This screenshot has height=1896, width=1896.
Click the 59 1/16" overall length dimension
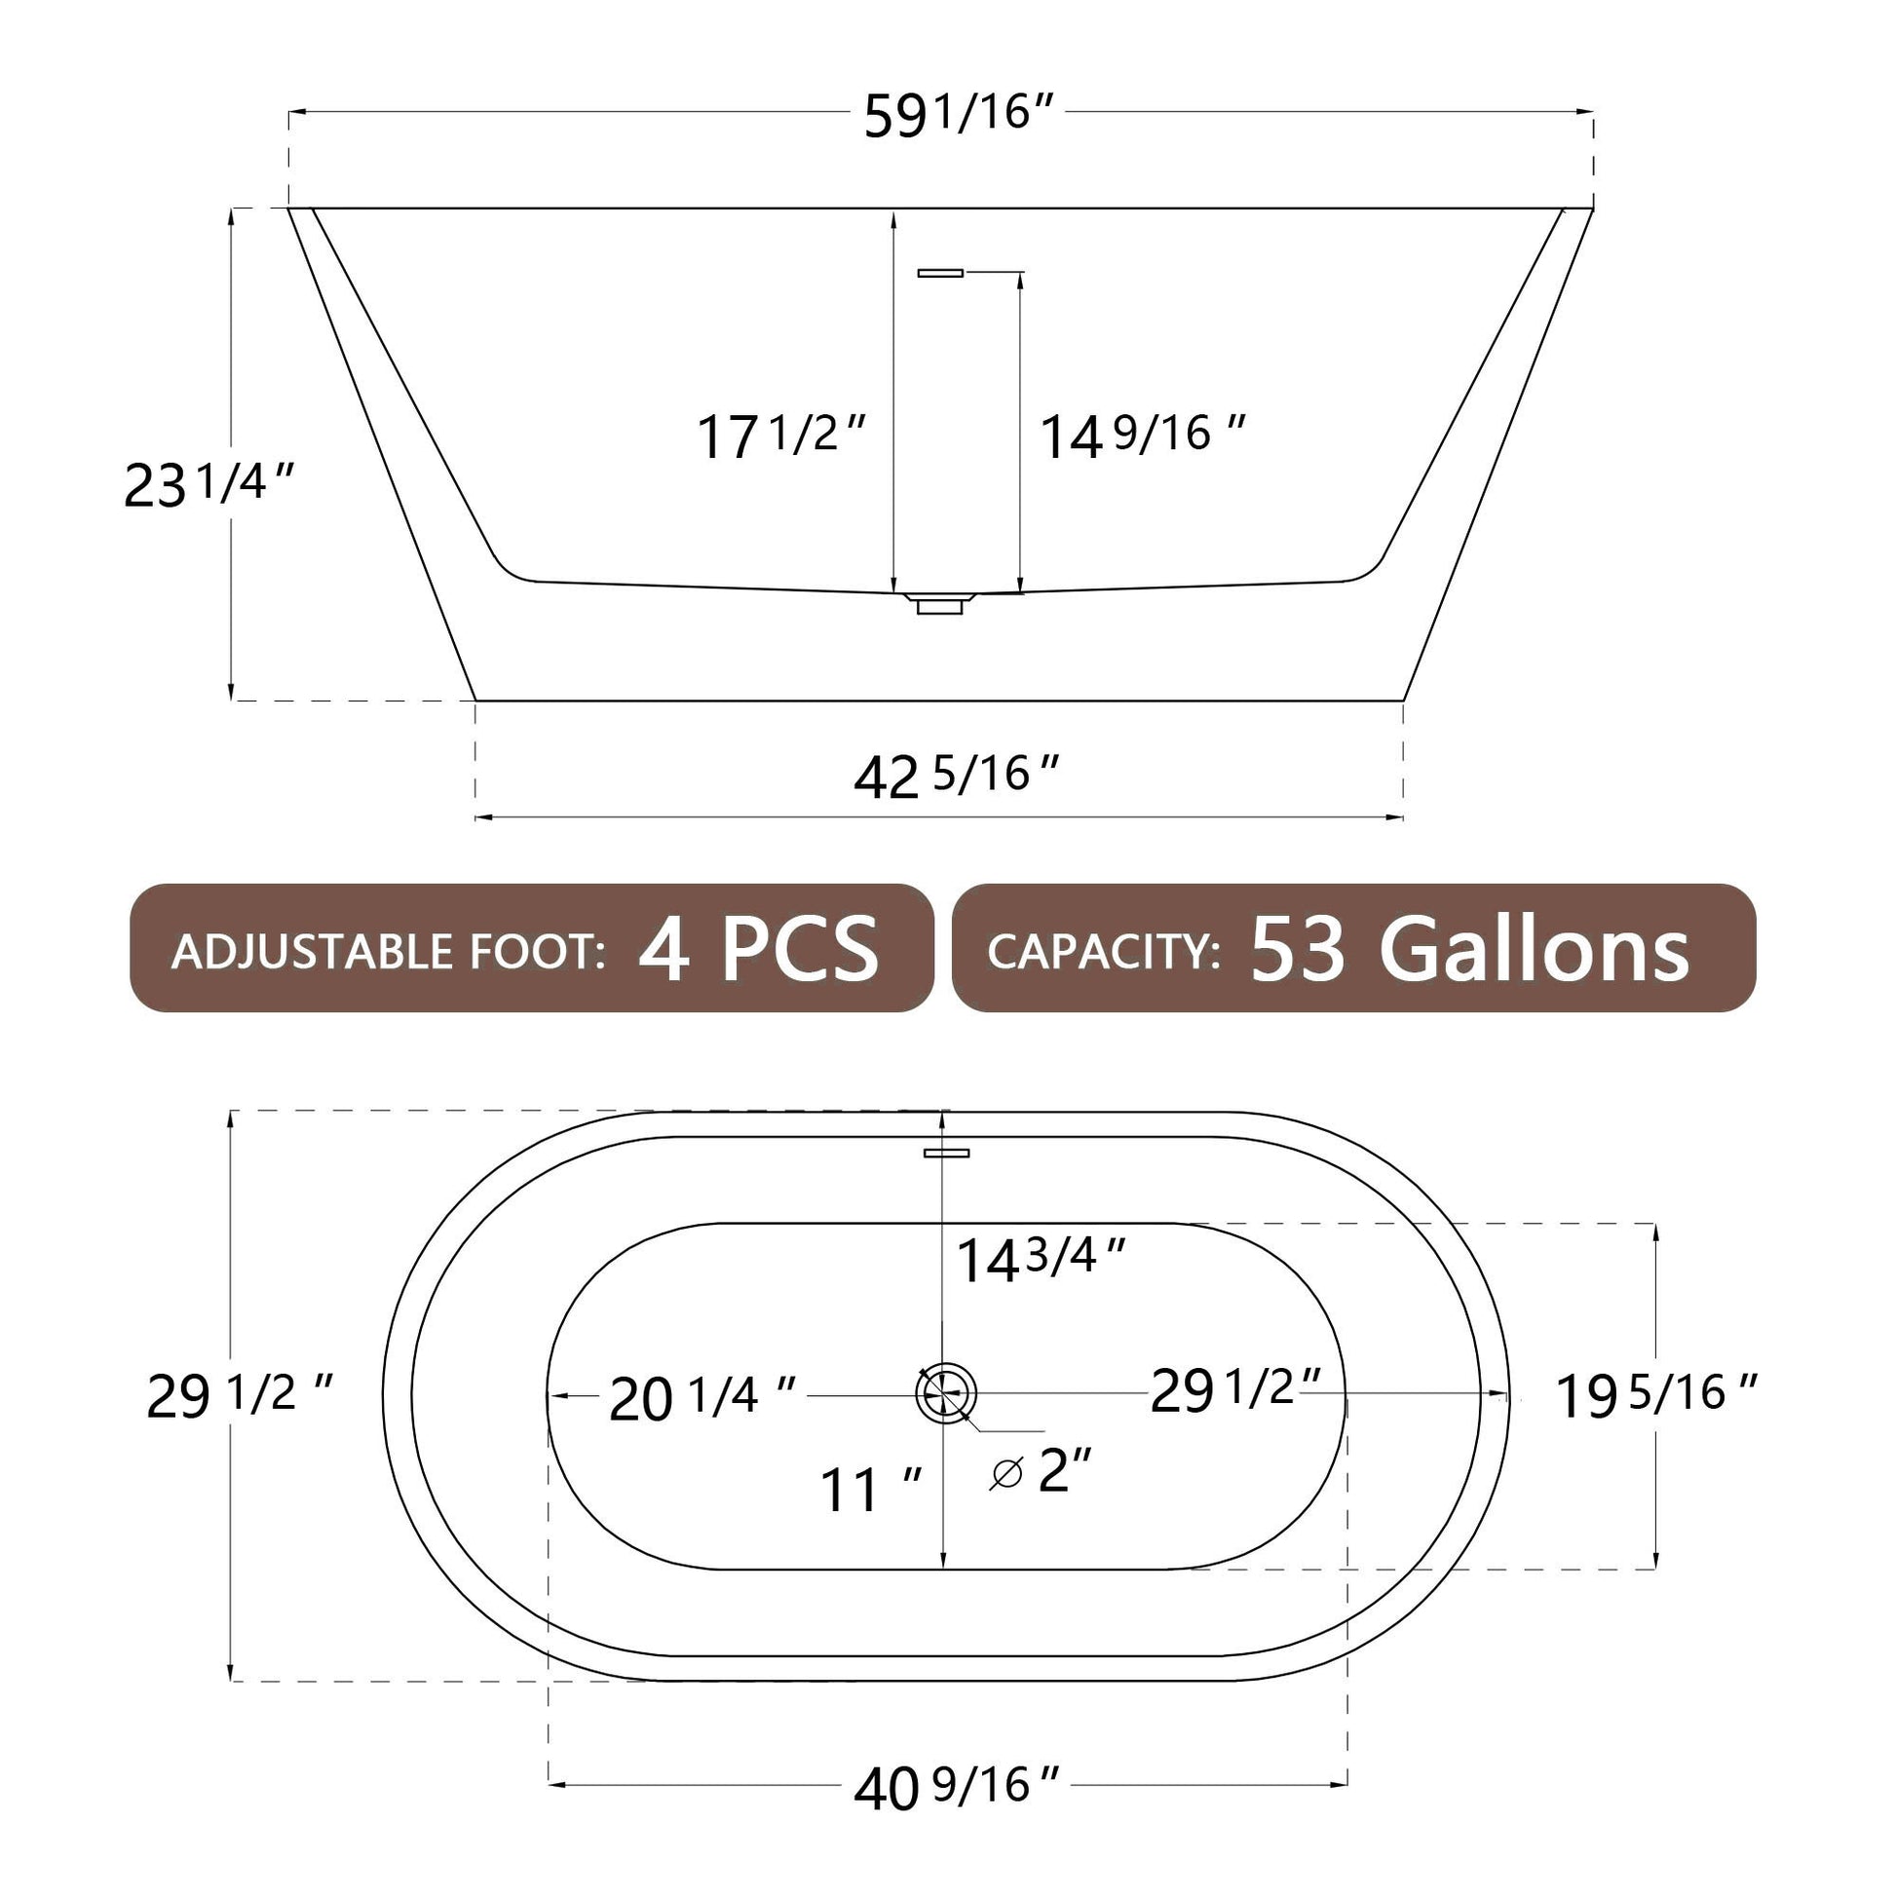tap(959, 115)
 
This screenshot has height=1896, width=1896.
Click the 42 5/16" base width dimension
tap(957, 777)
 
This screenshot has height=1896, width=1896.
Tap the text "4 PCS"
tap(758, 948)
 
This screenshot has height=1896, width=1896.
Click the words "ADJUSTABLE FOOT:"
tap(389, 952)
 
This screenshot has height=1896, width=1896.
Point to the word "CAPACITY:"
tap(1104, 951)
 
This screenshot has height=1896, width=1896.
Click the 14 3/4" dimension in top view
tap(1041, 1259)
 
